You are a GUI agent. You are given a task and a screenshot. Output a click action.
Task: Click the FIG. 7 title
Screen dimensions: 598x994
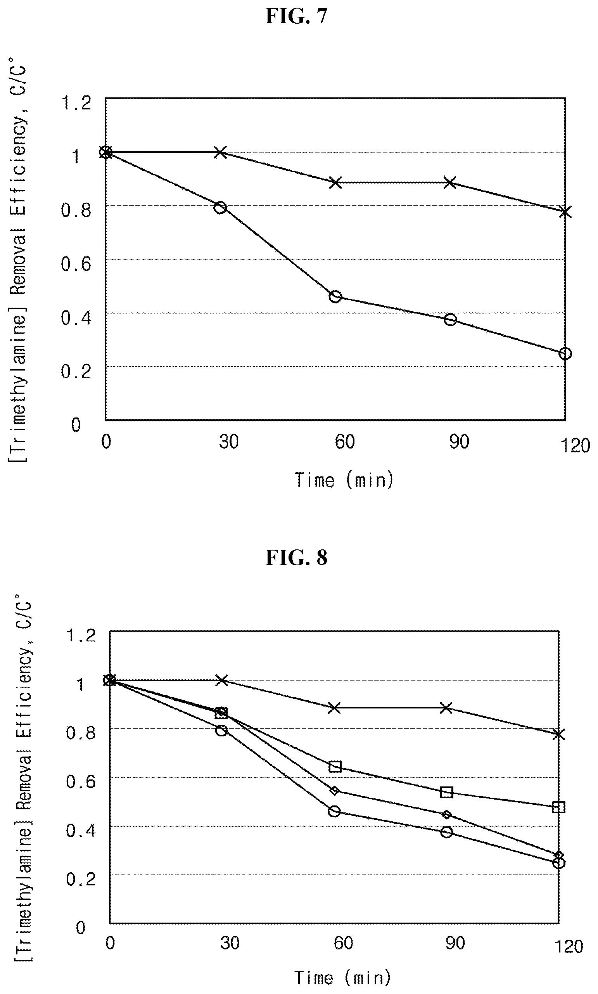[296, 17]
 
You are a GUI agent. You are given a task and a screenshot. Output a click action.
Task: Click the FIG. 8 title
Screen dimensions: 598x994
[296, 558]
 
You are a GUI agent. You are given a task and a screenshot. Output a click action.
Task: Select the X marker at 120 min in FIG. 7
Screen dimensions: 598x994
[565, 211]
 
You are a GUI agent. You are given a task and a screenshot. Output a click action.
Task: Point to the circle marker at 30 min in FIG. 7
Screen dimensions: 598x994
[220, 208]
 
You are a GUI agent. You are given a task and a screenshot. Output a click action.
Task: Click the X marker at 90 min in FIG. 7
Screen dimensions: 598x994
[450, 183]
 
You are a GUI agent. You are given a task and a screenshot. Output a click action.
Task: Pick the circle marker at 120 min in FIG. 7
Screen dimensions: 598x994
[565, 353]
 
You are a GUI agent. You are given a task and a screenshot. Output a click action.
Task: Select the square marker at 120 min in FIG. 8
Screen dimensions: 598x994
[558, 807]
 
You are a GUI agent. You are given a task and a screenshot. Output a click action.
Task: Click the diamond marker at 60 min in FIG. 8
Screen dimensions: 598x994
[334, 790]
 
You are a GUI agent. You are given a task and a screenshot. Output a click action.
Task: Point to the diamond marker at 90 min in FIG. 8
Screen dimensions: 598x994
[446, 815]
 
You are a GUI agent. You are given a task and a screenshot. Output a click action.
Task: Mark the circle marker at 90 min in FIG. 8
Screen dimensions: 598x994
[446, 832]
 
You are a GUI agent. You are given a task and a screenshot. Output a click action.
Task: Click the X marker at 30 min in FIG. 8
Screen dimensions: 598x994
[221, 681]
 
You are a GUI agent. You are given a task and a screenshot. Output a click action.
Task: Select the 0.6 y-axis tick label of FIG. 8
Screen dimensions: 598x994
[81, 781]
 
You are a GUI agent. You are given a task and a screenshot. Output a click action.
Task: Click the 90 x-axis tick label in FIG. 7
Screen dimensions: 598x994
[460, 442]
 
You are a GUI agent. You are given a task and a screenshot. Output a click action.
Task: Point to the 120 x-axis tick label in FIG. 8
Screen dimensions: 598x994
[569, 947]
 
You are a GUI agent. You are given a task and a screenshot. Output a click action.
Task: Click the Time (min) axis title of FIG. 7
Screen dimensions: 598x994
[344, 480]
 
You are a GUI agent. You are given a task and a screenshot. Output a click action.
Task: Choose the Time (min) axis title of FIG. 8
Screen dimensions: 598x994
[342, 978]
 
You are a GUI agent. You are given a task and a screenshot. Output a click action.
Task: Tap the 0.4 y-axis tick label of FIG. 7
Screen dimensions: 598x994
[76, 318]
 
